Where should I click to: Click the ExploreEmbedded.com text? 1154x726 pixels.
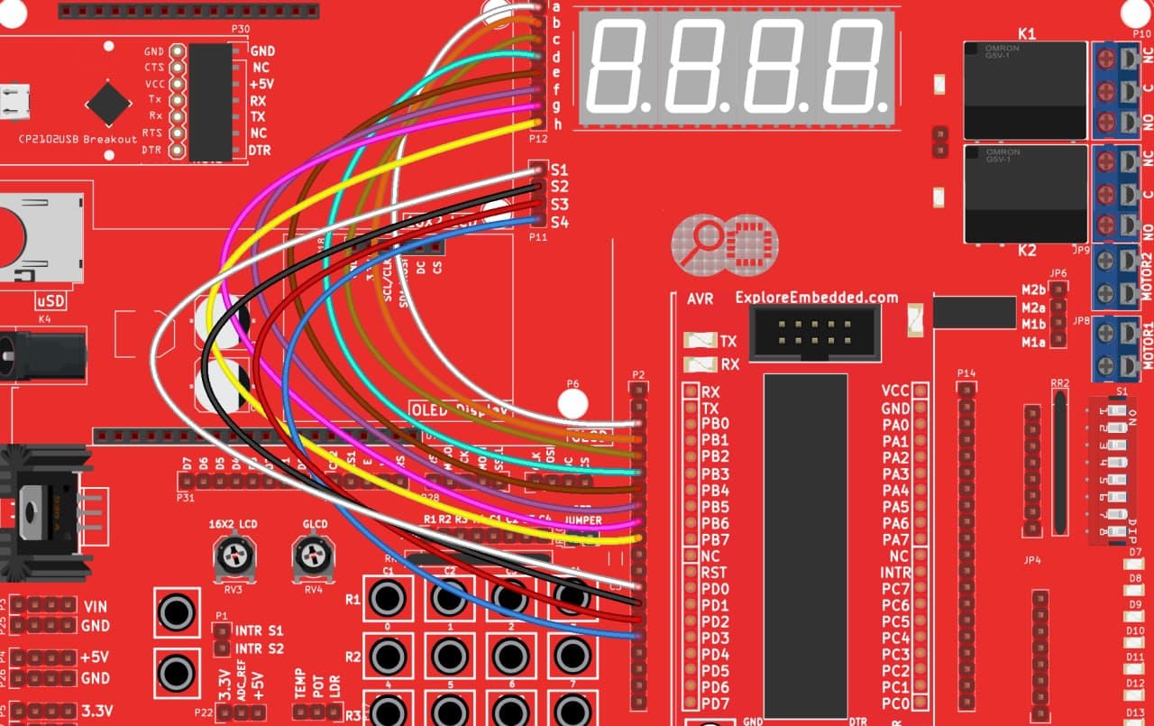[817, 298]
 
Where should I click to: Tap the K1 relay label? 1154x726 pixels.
[1027, 33]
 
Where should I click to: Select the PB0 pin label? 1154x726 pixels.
[715, 425]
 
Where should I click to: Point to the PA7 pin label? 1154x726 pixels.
[895, 540]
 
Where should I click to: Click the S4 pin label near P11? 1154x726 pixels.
[559, 222]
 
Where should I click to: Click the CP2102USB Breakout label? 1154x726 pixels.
[78, 140]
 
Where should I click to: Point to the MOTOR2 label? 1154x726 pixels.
[1148, 266]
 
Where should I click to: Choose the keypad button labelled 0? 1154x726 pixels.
[388, 597]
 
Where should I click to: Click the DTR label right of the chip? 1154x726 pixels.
[261, 151]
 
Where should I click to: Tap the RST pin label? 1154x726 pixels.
[714, 573]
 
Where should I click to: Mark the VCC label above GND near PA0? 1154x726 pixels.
[895, 391]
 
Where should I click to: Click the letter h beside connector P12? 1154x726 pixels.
[556, 123]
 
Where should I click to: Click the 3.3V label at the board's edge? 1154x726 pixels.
[96, 712]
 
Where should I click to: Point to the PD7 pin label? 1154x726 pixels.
[715, 703]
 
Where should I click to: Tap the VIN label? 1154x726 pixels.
[96, 607]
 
